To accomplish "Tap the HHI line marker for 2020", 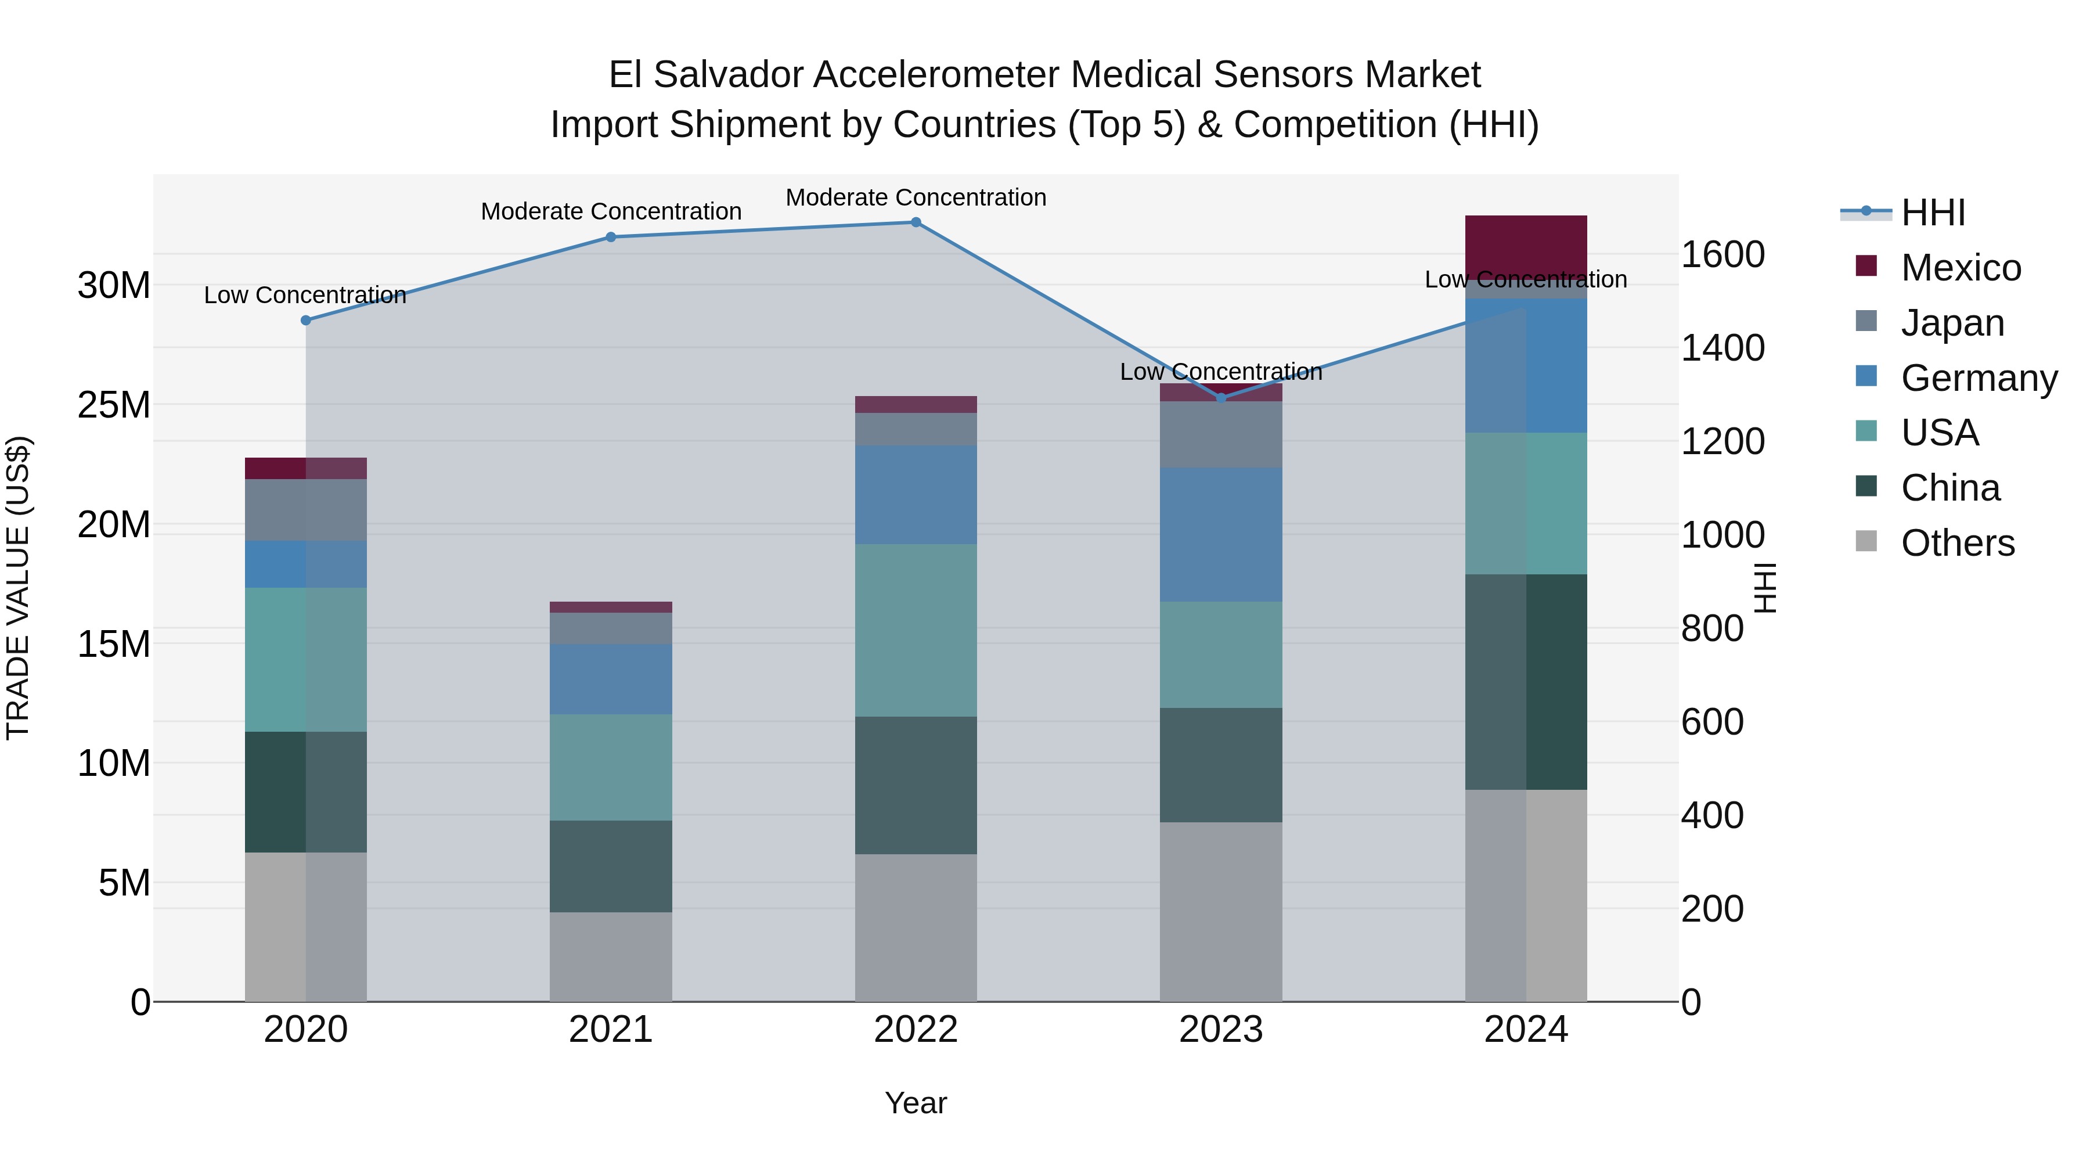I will click(306, 321).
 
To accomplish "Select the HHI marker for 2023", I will click(1221, 398).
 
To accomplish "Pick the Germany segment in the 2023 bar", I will click(1220, 534).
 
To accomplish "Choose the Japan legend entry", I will click(1951, 323).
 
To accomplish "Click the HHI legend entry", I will click(1932, 213).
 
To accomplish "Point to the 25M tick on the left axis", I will click(114, 405).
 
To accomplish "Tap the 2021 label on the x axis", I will click(610, 1030).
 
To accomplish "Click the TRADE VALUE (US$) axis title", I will click(19, 588).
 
